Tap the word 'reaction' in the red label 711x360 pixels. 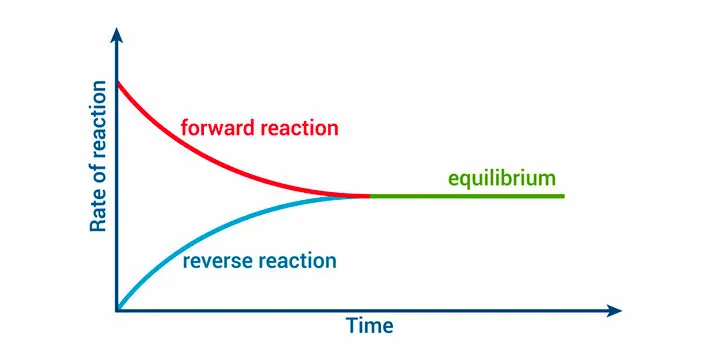click(x=294, y=129)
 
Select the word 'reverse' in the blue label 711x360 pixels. click(x=217, y=262)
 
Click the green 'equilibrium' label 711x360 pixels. click(x=501, y=179)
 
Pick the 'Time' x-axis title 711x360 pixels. click(x=369, y=327)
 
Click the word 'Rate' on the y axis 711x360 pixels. click(x=99, y=213)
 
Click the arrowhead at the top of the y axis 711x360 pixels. click(x=118, y=37)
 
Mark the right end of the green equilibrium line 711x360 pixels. click(x=563, y=196)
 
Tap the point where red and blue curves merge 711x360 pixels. click(x=368, y=196)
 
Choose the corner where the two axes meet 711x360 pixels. click(x=118, y=311)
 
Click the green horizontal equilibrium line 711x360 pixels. click(x=470, y=196)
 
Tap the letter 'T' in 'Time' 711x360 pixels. click(x=352, y=327)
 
